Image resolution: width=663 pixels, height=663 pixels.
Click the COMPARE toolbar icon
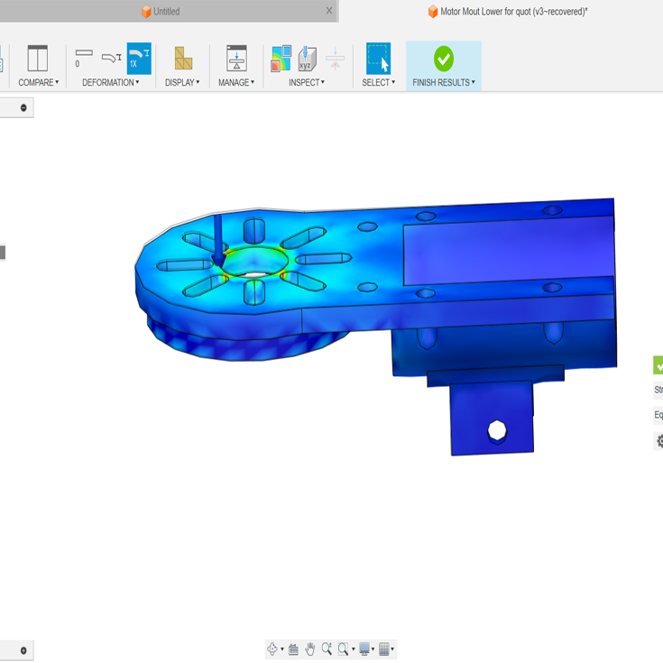pyautogui.click(x=37, y=59)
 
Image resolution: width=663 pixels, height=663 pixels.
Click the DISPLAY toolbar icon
pyautogui.click(x=183, y=59)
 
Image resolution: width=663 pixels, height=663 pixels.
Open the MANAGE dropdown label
pyautogui.click(x=235, y=82)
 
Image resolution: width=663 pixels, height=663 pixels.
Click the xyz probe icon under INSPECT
pyautogui.click(x=307, y=59)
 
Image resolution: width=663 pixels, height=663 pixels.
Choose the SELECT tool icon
pyautogui.click(x=378, y=59)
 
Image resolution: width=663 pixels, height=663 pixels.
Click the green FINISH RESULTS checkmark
pyautogui.click(x=443, y=59)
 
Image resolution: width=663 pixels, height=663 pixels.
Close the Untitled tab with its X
pyautogui.click(x=329, y=11)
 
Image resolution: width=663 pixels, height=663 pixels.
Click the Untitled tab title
pyautogui.click(x=166, y=12)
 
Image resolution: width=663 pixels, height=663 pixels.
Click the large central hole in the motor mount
pyautogui.click(x=255, y=263)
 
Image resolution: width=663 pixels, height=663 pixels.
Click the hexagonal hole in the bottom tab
pyautogui.click(x=496, y=431)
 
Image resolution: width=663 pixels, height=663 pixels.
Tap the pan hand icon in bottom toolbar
pyautogui.click(x=310, y=649)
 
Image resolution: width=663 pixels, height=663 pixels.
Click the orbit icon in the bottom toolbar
pyautogui.click(x=272, y=649)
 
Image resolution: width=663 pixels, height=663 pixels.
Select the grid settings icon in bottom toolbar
pyautogui.click(x=384, y=649)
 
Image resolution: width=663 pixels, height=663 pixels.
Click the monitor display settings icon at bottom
pyautogui.click(x=364, y=649)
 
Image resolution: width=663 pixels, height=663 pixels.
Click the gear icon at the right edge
pyautogui.click(x=658, y=441)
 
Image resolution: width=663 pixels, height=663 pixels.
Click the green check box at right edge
pyautogui.click(x=658, y=365)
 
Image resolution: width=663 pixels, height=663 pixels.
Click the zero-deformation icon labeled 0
pyautogui.click(x=83, y=59)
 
